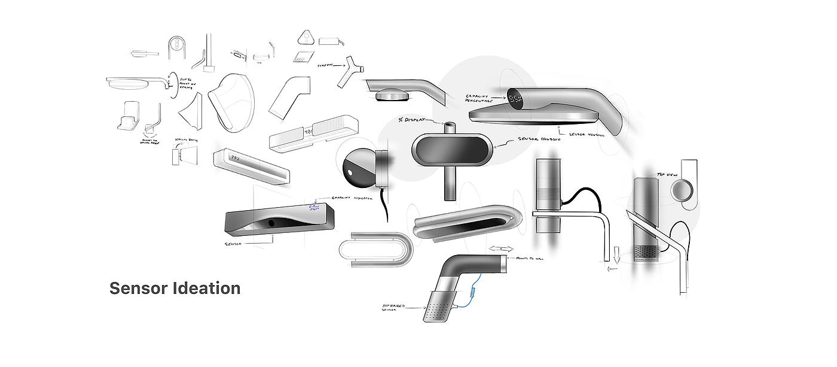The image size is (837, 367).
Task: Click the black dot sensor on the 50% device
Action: coord(271,223)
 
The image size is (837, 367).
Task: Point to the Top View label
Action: coord(666,175)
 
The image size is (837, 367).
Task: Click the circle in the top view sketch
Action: coord(681,191)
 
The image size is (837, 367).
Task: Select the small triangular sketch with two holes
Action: coord(306,38)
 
